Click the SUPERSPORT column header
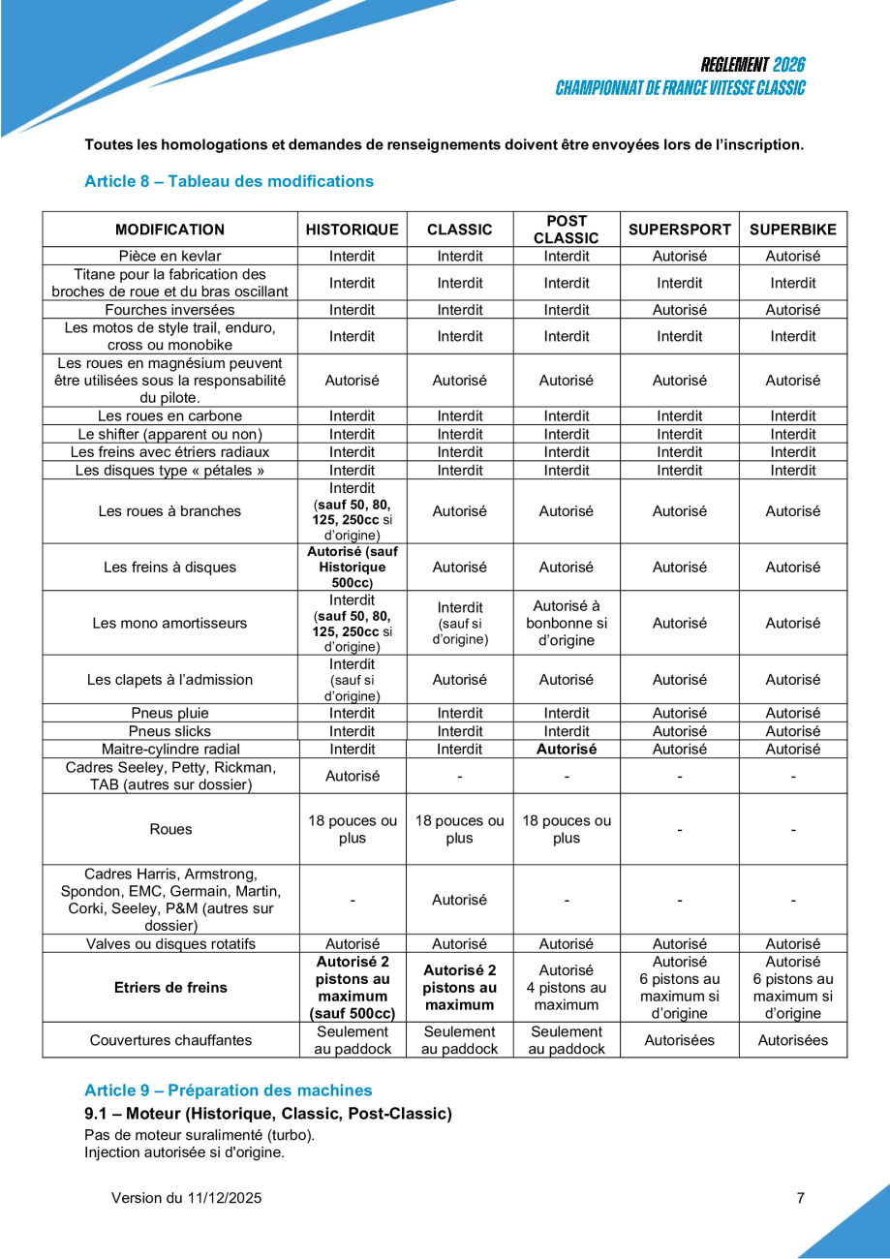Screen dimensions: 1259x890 pyautogui.click(x=680, y=230)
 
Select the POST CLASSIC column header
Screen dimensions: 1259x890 pyautogui.click(x=567, y=230)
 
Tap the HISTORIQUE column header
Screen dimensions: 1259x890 pyautogui.click(x=353, y=230)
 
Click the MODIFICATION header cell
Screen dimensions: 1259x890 pyautogui.click(x=169, y=230)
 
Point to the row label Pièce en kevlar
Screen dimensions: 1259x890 pyautogui.click(x=169, y=257)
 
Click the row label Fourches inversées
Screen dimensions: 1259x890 pyautogui.click(x=169, y=310)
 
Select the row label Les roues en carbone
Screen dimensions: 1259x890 pyautogui.click(x=169, y=416)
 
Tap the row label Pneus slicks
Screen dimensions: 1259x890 pyautogui.click(x=169, y=731)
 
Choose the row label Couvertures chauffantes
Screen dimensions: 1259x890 pyautogui.click(x=169, y=1040)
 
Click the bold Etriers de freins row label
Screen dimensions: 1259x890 pyautogui.click(x=169, y=988)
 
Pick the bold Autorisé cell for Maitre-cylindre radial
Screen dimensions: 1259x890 pyautogui.click(x=567, y=749)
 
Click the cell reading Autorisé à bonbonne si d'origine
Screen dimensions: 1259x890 pyautogui.click(x=567, y=623)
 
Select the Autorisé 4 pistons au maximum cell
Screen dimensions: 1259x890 pyautogui.click(x=567, y=988)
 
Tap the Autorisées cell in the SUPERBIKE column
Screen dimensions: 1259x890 pyautogui.click(x=793, y=1040)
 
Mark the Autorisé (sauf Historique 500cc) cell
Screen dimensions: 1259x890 pyautogui.click(x=353, y=568)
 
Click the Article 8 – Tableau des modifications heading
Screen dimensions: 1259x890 pyautogui.click(x=229, y=181)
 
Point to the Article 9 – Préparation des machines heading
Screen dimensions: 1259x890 pyautogui.click(x=228, y=1090)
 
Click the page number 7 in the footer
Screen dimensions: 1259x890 pyautogui.click(x=800, y=1198)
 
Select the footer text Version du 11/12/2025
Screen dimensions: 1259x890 pyautogui.click(x=186, y=1198)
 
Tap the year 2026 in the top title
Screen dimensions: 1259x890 pyautogui.click(x=789, y=65)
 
